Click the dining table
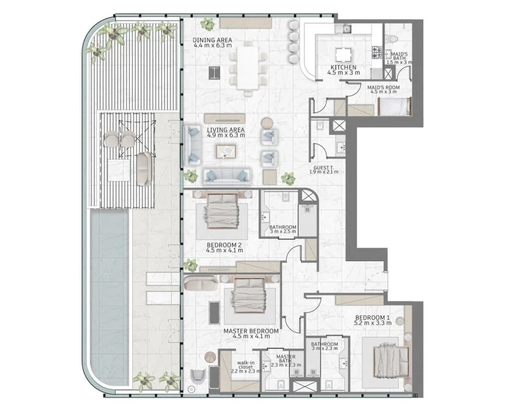249,67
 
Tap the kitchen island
344,55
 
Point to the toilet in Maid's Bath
391,38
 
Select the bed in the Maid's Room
395,106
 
